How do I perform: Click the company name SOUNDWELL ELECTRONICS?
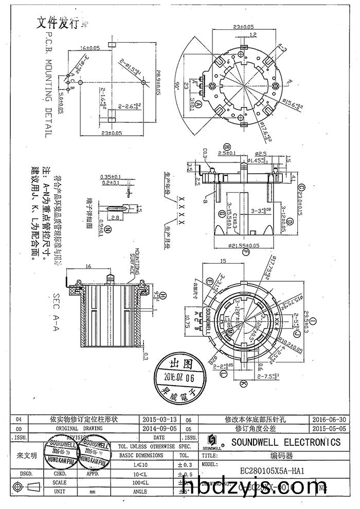(x=285, y=442)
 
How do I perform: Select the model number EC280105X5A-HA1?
(x=271, y=470)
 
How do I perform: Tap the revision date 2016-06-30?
(x=327, y=419)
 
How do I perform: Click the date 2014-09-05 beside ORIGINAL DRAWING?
(x=159, y=428)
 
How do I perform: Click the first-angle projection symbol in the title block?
(x=29, y=486)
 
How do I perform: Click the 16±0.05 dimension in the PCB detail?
(x=90, y=48)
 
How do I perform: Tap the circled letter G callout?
(x=221, y=213)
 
